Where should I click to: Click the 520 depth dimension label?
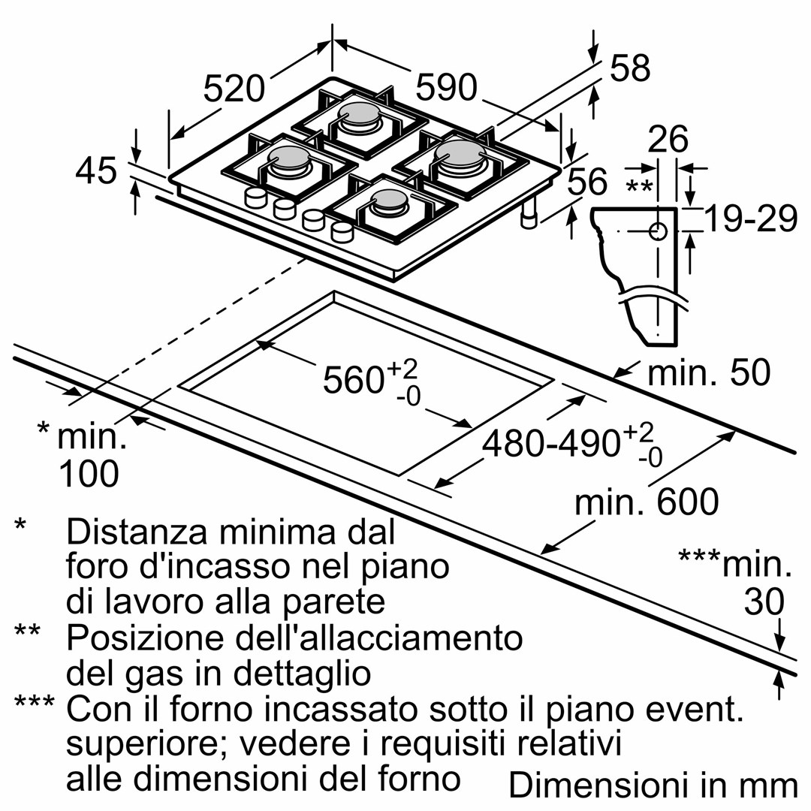click(x=234, y=89)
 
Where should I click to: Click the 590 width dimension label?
click(x=447, y=88)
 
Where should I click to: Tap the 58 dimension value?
click(x=629, y=69)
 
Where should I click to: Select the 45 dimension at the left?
click(x=97, y=171)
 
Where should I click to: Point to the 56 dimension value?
click(x=587, y=182)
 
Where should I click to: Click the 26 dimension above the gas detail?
click(x=668, y=140)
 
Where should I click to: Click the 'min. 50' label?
click(x=709, y=373)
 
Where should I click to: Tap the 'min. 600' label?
click(x=647, y=502)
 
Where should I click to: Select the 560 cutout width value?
click(x=353, y=380)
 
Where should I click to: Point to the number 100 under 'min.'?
click(x=88, y=473)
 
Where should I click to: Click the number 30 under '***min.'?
click(x=764, y=601)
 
